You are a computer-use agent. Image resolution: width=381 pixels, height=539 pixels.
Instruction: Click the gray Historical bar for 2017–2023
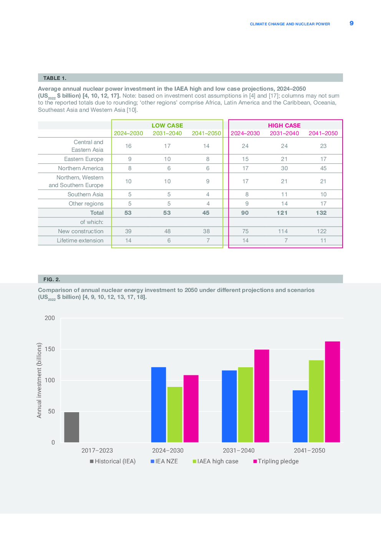[71, 427]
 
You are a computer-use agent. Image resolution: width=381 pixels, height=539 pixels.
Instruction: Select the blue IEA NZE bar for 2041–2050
[300, 416]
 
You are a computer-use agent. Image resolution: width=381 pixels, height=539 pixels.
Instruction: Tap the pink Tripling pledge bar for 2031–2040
[262, 396]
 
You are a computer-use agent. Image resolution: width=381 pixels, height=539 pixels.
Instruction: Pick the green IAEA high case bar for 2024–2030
[175, 415]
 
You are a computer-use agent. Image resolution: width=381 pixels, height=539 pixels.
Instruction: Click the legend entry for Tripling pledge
[276, 461]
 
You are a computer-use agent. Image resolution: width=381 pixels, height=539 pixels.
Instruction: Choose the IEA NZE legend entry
[164, 461]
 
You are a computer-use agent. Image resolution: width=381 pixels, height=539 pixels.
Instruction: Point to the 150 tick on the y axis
[50, 349]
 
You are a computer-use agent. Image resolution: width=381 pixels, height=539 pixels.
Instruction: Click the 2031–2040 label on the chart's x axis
[239, 451]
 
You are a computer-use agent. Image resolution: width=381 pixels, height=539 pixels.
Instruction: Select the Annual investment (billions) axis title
[39, 380]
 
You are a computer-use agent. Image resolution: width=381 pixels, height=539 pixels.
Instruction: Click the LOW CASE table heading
[167, 125]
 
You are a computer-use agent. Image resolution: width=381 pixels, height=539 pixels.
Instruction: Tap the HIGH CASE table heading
[284, 125]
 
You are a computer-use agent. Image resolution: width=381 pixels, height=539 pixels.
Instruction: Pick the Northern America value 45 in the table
[323, 168]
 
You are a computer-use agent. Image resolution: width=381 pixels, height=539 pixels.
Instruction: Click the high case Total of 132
[321, 213]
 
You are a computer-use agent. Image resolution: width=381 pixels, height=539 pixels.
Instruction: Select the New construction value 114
[283, 231]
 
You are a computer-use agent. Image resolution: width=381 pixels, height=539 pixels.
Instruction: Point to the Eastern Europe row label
[84, 159]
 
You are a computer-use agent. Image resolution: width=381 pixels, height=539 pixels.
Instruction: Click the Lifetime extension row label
[80, 240]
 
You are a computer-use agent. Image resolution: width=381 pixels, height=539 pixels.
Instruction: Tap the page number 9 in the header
[351, 23]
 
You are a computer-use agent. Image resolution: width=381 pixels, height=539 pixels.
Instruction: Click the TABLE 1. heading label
[55, 78]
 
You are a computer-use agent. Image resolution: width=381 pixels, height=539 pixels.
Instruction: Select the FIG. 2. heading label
[52, 279]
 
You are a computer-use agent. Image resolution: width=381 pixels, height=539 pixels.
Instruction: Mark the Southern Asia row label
[85, 194]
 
